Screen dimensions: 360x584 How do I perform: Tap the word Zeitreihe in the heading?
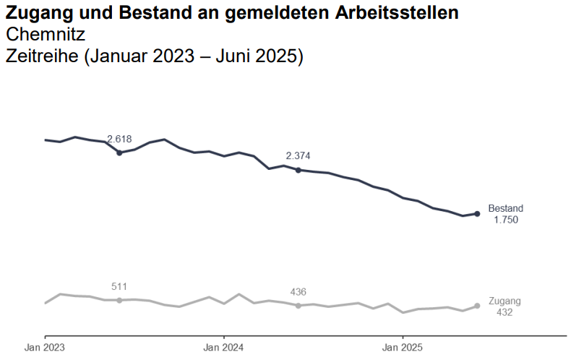click(x=42, y=56)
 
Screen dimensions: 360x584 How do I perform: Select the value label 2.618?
click(x=119, y=139)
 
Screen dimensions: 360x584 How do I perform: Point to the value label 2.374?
click(x=298, y=155)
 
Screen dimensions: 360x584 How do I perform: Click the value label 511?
click(x=119, y=286)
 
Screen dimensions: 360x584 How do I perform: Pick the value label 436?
click(x=298, y=291)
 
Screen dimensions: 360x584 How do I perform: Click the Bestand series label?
click(x=505, y=208)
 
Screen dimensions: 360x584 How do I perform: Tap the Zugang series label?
click(x=504, y=301)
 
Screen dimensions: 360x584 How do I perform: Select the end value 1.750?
click(x=505, y=220)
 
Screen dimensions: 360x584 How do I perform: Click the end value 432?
click(x=504, y=312)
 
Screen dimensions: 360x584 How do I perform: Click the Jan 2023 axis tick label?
click(x=45, y=348)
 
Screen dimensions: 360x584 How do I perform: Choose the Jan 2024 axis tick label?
click(x=223, y=348)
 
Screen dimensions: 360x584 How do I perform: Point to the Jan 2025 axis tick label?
click(x=403, y=348)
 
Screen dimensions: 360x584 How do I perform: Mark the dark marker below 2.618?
click(x=119, y=153)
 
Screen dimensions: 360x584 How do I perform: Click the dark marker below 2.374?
click(x=298, y=170)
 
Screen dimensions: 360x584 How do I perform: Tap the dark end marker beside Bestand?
click(x=477, y=213)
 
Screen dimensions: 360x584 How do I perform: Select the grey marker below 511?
click(x=119, y=300)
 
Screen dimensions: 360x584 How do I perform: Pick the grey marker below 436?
click(x=298, y=306)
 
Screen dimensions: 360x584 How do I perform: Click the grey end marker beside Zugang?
click(x=477, y=306)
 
